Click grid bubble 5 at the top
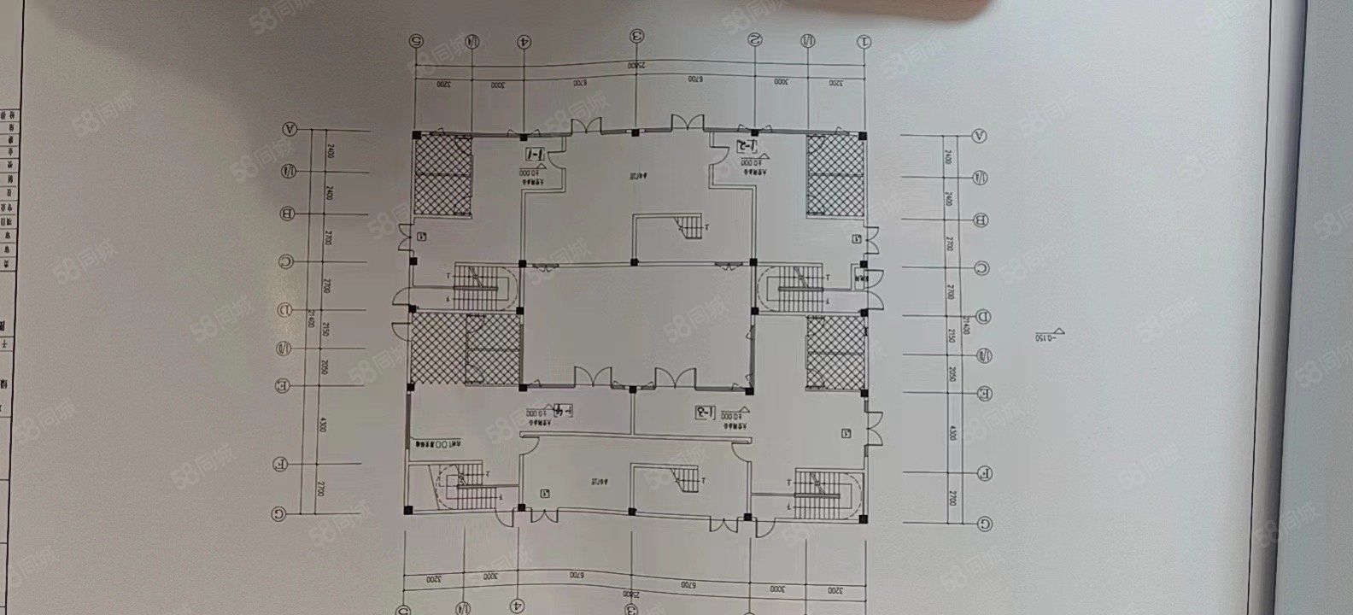tap(416, 39)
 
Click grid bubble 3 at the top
tap(637, 36)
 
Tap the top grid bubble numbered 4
tap(524, 40)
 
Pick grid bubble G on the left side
tap(278, 513)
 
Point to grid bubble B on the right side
tap(981, 220)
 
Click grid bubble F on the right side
tap(985, 472)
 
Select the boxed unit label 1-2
tap(744, 144)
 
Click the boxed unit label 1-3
tap(703, 413)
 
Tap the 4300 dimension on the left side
tap(322, 424)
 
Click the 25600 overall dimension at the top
tap(635, 65)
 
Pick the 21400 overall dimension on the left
tap(312, 318)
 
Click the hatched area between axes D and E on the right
tap(836, 350)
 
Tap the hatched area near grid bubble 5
tap(443, 174)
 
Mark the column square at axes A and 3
tap(635, 132)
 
